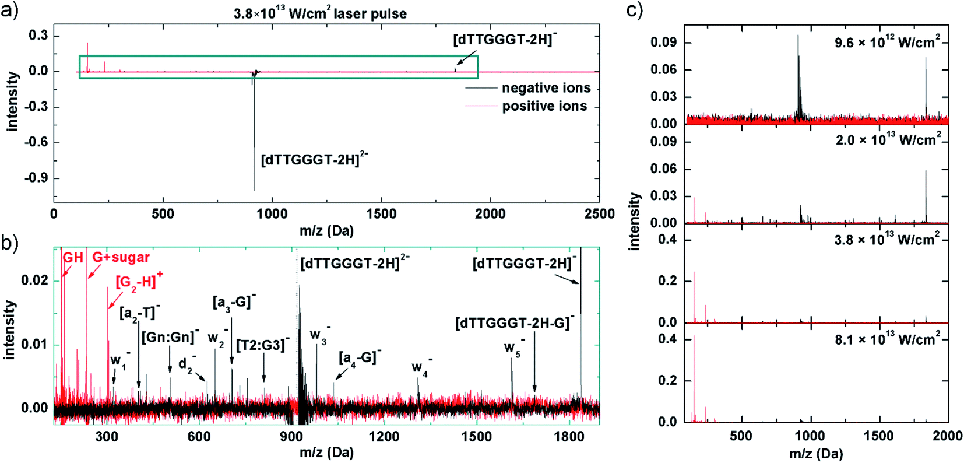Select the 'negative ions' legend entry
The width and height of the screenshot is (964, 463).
click(x=546, y=88)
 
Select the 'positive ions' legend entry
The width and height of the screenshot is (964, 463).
click(x=544, y=106)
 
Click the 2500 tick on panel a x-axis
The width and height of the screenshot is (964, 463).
click(x=599, y=214)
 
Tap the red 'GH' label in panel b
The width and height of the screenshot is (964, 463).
click(x=73, y=257)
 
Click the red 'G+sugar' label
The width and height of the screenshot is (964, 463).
click(x=121, y=257)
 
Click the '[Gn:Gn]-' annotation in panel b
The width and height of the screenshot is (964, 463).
click(x=170, y=337)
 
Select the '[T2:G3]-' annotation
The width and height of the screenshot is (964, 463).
click(x=262, y=345)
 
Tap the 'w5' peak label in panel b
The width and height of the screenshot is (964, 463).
click(x=513, y=348)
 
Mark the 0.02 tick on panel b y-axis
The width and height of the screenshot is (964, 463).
click(x=34, y=281)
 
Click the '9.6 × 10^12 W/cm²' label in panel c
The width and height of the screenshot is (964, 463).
click(x=886, y=43)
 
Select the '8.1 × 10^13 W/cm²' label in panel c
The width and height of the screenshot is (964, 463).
click(x=886, y=339)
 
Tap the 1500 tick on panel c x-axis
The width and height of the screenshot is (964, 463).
click(x=878, y=436)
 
